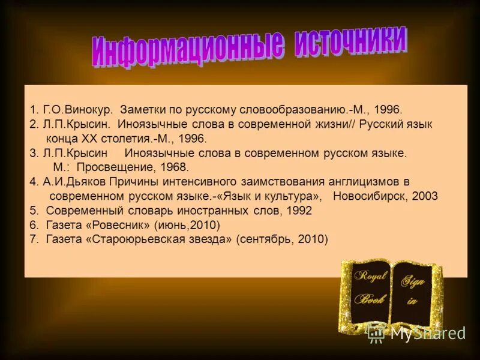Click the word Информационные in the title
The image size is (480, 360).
coord(187,51)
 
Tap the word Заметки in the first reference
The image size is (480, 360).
coord(141,110)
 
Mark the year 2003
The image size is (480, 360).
coord(425,196)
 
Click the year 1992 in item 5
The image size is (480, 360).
coord(299,211)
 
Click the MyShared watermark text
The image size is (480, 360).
coord(428,334)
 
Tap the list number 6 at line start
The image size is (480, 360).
coord(34,225)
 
